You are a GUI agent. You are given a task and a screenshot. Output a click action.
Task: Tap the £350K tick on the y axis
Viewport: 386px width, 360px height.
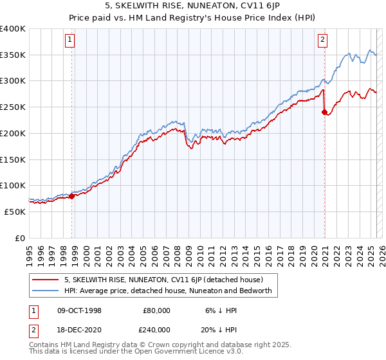click(x=13, y=55)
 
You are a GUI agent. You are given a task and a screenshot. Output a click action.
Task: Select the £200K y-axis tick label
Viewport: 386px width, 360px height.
click(x=13, y=134)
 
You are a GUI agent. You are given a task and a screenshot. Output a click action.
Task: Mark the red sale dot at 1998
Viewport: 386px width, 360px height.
click(x=72, y=196)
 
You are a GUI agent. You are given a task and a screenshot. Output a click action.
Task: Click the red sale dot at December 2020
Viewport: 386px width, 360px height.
click(x=324, y=113)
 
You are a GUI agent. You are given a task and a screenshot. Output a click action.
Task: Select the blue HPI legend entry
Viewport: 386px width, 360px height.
click(x=168, y=291)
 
